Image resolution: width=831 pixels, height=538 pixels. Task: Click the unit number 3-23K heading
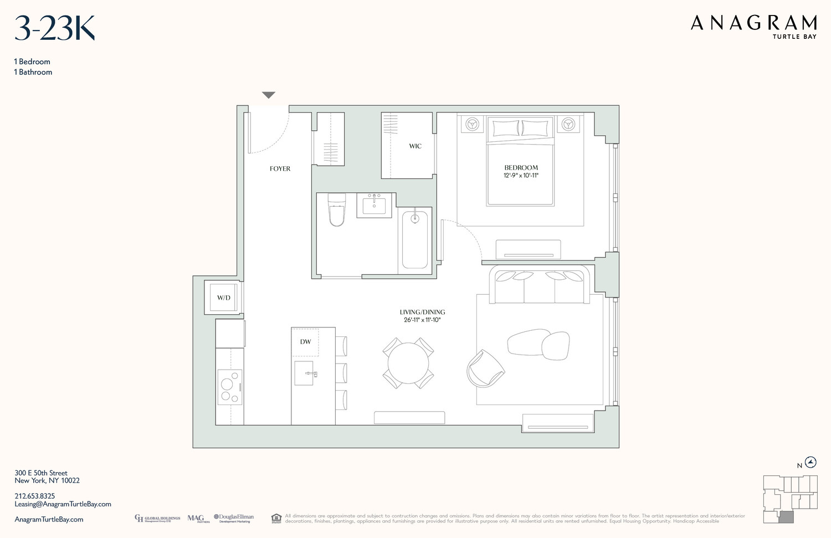point(54,29)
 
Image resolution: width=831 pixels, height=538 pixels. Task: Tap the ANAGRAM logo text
point(753,23)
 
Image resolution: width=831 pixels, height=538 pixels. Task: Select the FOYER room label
point(280,168)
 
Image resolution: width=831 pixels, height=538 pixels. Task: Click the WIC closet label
point(415,146)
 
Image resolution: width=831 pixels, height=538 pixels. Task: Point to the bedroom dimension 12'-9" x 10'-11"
point(521,176)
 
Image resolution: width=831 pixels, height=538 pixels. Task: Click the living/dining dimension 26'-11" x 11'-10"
point(422,320)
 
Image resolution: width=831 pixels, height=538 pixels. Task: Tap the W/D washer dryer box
point(223,298)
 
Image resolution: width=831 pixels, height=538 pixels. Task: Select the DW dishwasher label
point(305,342)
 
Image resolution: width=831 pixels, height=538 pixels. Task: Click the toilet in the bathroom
point(336,211)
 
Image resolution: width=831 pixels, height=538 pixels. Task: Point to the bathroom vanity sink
point(374,205)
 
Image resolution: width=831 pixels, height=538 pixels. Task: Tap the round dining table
point(408,363)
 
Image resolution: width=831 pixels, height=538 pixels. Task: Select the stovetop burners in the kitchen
point(229,386)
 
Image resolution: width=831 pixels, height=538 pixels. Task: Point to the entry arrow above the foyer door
point(269,95)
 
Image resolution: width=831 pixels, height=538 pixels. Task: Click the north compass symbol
point(811,463)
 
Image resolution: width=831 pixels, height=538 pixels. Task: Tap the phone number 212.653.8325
point(35,496)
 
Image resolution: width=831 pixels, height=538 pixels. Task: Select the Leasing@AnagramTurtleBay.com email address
point(63,504)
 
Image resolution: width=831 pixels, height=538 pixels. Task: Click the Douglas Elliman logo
point(234,518)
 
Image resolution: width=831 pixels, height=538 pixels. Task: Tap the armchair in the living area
point(484,368)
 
